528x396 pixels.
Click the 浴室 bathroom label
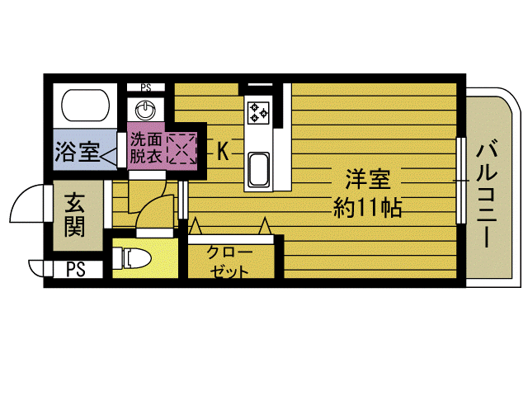click(x=77, y=152)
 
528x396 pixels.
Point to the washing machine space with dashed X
click(x=180, y=148)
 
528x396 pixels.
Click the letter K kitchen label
click(x=223, y=151)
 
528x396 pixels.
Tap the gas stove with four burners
click(x=259, y=111)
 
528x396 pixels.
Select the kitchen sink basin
click(x=259, y=169)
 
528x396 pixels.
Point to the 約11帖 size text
click(x=368, y=207)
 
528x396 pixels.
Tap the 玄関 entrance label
click(x=76, y=214)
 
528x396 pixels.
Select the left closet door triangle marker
click(x=196, y=225)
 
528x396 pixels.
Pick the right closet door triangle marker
click(x=265, y=225)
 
